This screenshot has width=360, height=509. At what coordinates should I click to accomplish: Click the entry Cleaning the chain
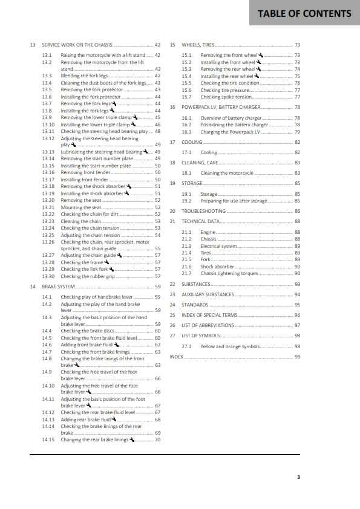tap(80, 221)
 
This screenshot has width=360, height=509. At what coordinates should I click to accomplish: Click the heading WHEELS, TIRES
tap(198, 45)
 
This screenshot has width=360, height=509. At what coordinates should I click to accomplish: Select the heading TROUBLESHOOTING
tap(204, 211)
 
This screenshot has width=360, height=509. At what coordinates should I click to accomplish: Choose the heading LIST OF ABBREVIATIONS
tap(208, 325)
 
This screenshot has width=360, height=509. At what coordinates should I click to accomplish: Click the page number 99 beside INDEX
tap(297, 357)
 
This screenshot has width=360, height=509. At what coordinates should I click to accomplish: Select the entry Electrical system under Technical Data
tap(218, 246)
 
